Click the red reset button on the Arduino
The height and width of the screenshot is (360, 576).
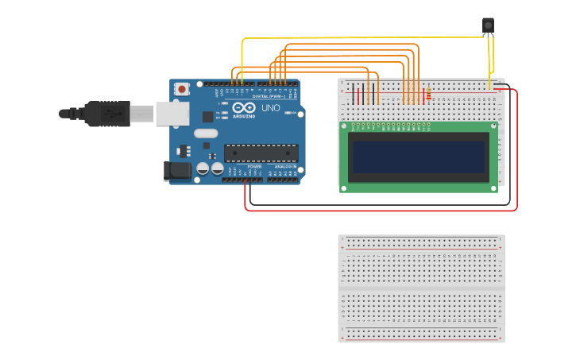[x=182, y=89]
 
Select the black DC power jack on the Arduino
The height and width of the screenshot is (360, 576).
[x=176, y=170]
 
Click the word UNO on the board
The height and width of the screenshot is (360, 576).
[x=270, y=107]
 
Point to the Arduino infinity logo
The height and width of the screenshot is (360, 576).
[x=245, y=108]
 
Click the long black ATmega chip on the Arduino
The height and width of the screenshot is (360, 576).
[x=261, y=153]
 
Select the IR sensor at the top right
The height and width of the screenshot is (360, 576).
[x=488, y=26]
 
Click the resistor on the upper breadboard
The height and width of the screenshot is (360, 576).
[x=429, y=95]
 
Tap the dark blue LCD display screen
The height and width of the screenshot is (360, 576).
[x=418, y=157]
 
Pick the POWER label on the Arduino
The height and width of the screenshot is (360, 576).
[x=254, y=166]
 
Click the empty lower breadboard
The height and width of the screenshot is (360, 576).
[x=421, y=288]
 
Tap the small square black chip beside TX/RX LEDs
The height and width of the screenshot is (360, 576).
[x=208, y=116]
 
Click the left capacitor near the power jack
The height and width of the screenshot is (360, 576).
[x=203, y=168]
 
